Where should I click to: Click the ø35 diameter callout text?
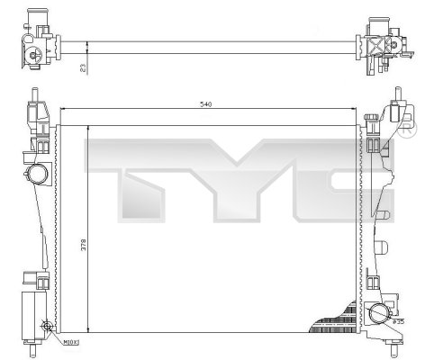[x=398, y=319]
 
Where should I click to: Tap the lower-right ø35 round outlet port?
[x=379, y=313]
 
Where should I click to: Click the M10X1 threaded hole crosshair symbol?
[x=46, y=328]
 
